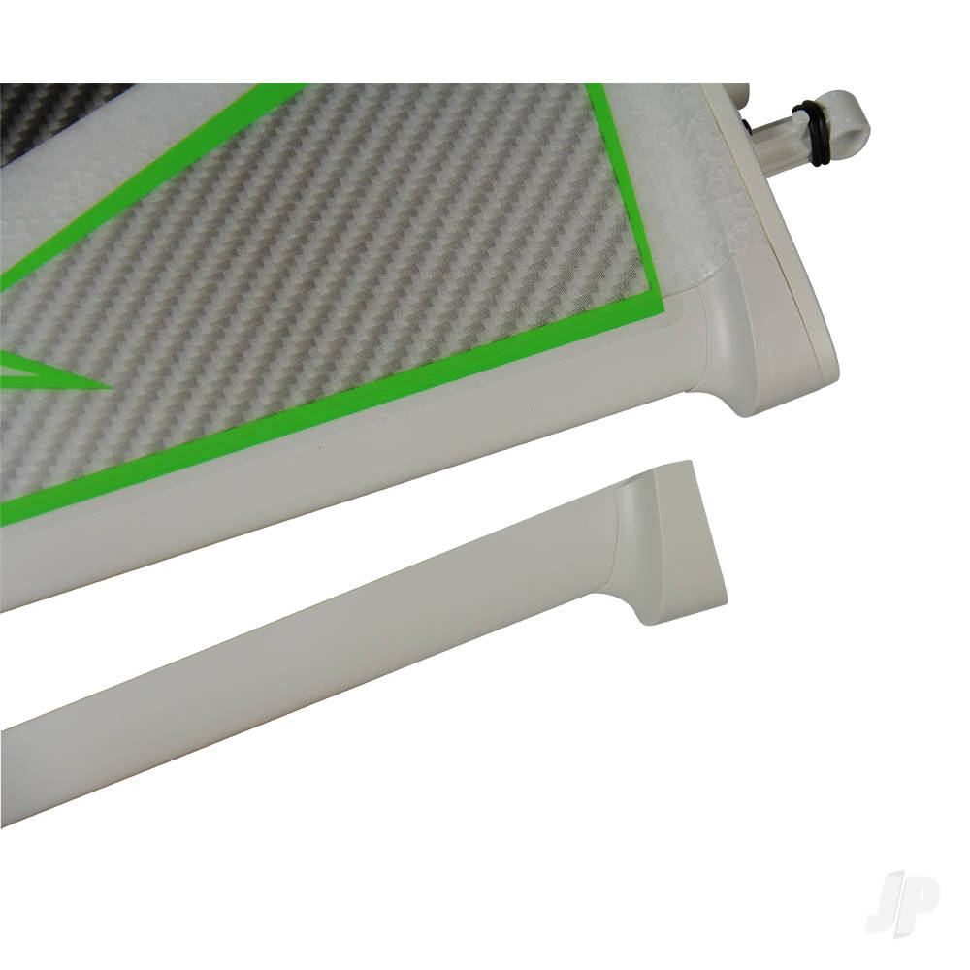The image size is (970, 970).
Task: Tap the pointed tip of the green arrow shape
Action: (112, 388)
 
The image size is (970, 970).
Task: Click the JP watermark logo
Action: (901, 903)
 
